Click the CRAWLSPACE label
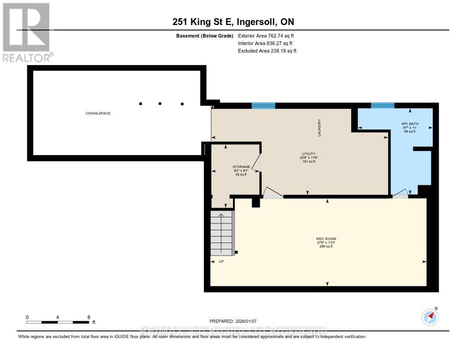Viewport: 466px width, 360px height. [x=98, y=113]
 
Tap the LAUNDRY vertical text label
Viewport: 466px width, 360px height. [x=320, y=128]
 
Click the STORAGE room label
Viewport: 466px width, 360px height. [x=241, y=167]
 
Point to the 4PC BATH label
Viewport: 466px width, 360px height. [x=410, y=124]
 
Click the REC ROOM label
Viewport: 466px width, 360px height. [x=326, y=239]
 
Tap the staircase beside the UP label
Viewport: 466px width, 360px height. [x=221, y=233]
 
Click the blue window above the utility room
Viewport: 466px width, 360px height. [x=263, y=106]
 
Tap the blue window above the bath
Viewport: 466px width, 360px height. [x=382, y=106]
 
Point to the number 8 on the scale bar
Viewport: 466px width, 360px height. [x=89, y=317]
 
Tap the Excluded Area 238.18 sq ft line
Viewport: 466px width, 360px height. [x=267, y=51]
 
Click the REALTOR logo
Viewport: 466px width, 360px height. [x=27, y=32]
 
